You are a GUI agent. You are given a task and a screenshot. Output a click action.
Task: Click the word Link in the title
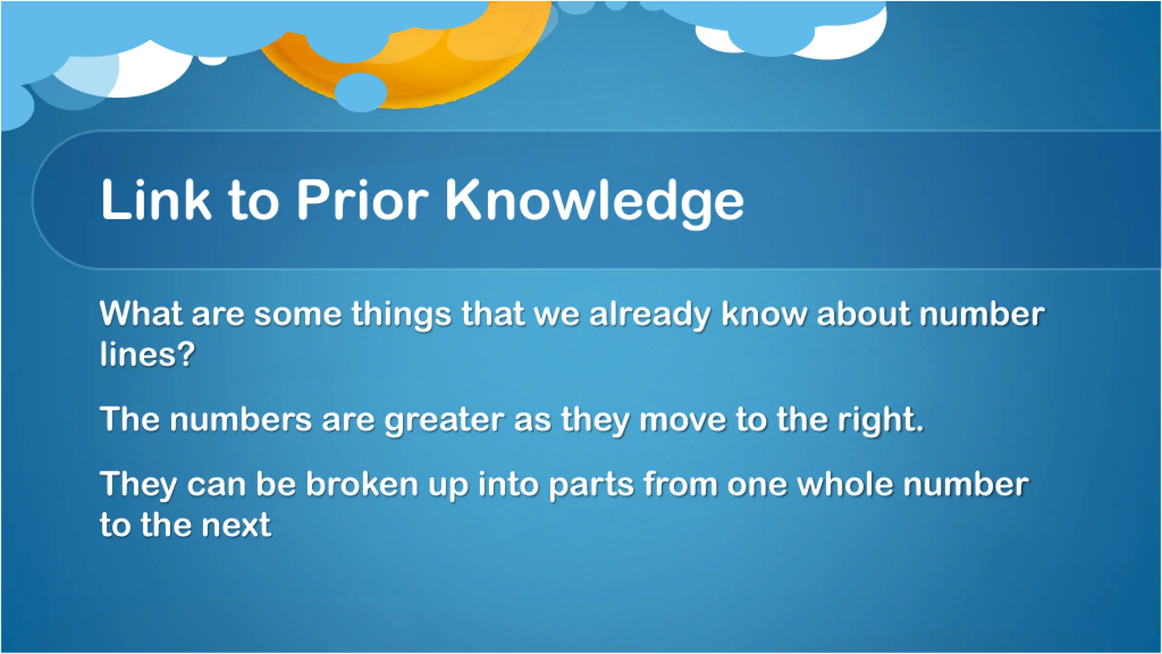point(156,200)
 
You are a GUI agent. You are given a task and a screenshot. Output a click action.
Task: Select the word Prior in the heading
point(362,200)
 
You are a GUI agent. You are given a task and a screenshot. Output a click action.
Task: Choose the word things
point(401,316)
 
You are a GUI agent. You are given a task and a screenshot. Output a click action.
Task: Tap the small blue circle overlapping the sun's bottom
point(361,93)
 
